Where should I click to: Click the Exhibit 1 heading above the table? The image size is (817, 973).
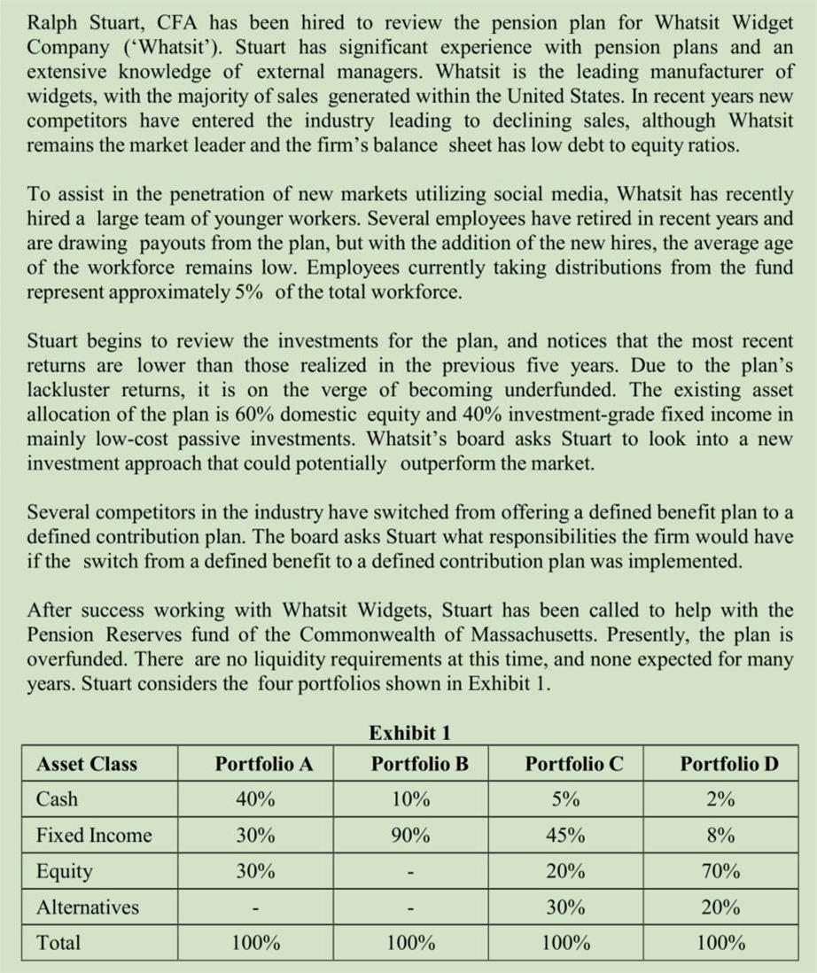[409, 733]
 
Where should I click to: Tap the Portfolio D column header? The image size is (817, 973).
[728, 764]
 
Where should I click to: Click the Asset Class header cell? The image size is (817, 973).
[87, 764]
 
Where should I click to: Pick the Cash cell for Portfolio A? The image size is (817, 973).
[255, 799]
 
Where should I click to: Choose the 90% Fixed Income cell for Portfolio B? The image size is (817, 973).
[411, 835]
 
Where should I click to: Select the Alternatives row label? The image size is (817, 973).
[87, 907]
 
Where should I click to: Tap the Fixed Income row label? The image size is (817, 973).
[94, 835]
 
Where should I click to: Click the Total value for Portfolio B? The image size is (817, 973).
[411, 943]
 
